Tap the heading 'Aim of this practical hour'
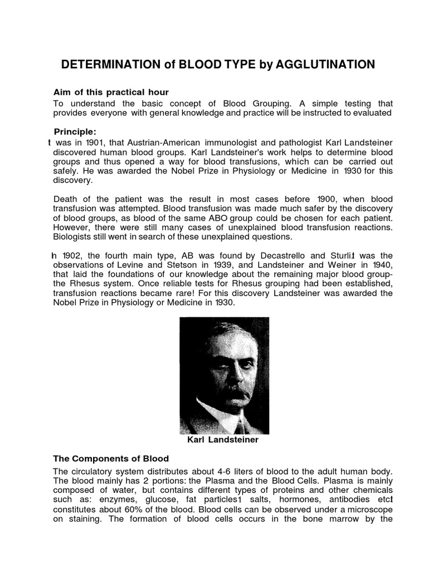(x=110, y=92)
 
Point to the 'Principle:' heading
(x=75, y=132)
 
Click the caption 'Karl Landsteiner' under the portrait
(x=223, y=439)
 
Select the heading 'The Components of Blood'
(x=110, y=459)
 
